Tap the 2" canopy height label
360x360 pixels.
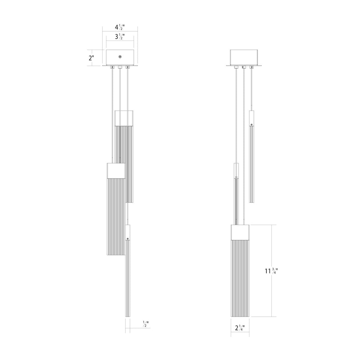pyautogui.click(x=92, y=58)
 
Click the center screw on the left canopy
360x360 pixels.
pyautogui.click(x=120, y=57)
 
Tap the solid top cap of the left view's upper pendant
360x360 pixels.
pyautogui.click(x=124, y=118)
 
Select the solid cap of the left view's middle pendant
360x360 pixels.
pyautogui.click(x=116, y=171)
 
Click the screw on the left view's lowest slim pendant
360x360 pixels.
pyautogui.click(x=128, y=239)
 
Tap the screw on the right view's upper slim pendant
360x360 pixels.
pyautogui.click(x=251, y=124)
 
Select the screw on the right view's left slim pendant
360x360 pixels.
pyautogui.click(x=236, y=177)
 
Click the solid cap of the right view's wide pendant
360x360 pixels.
pyautogui.click(x=240, y=233)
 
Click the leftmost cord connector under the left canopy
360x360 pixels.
pyautogui.click(x=113, y=67)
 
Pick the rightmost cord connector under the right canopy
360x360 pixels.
pyautogui.click(x=252, y=67)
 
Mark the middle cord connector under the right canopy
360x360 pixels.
pyautogui.click(x=244, y=67)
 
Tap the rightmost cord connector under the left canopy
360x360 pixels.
pyautogui.click(x=127, y=67)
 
